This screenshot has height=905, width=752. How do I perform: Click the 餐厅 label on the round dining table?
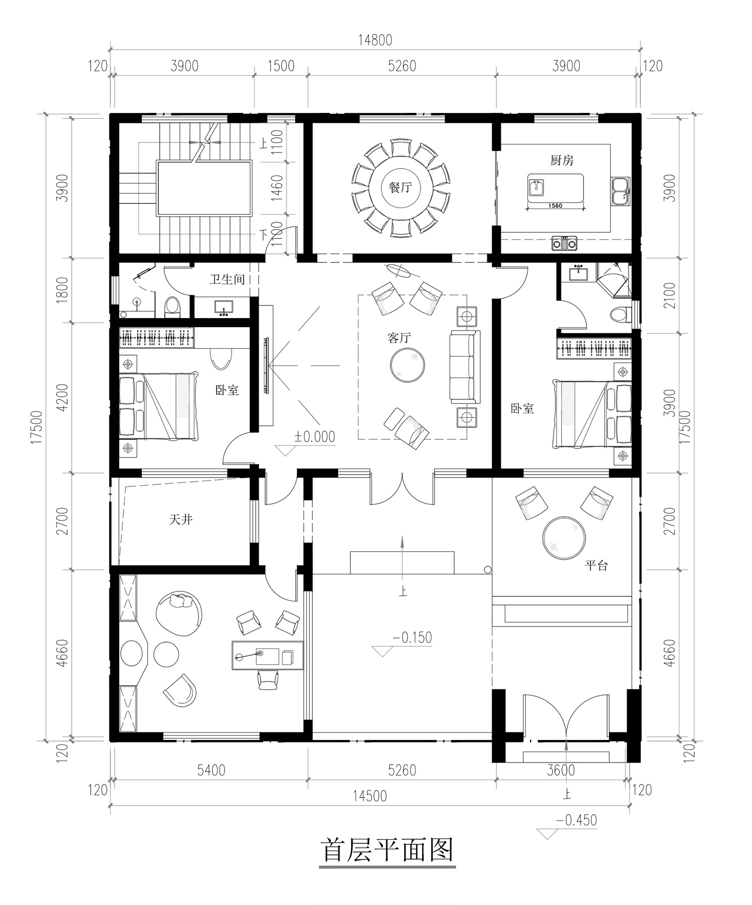pos(400,188)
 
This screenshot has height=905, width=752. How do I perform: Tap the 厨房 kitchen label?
pos(561,161)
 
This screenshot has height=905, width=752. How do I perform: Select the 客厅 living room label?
pos(399,338)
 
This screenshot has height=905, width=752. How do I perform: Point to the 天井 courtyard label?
pos(180,519)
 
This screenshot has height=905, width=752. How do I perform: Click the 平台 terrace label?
pos(596,565)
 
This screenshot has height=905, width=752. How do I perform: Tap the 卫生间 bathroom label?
pos(227,279)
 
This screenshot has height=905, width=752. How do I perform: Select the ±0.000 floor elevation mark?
pos(314,436)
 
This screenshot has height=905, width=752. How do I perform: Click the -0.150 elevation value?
pos(412,638)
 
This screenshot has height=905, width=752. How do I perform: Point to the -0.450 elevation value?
pos(577,820)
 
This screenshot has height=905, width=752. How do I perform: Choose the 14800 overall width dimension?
pos(375,40)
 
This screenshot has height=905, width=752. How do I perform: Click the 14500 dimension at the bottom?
pos(369,796)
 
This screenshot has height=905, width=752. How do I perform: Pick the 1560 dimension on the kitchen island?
pos(555,205)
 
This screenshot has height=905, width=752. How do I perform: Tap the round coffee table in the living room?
pos(408,365)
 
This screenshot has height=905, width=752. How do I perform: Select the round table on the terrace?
pos(564,538)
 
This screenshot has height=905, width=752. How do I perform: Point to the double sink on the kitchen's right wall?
pos(620,191)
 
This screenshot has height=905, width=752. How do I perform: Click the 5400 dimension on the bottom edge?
pos(211,770)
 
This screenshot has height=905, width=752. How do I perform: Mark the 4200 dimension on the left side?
pos(62,398)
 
